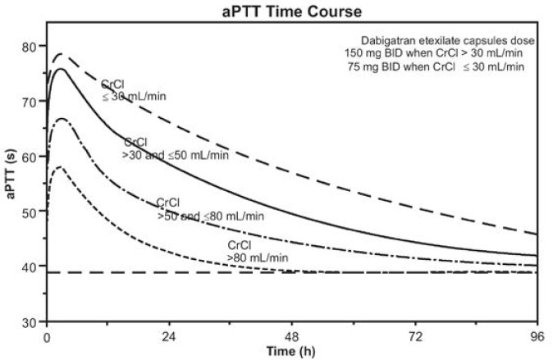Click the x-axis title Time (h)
click(292, 351)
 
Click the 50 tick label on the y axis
click(31, 212)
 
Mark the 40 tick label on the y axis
click(31, 267)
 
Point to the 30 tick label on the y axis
click(31, 321)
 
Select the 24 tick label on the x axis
click(169, 336)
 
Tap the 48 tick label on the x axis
click(292, 336)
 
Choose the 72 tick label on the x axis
click(415, 336)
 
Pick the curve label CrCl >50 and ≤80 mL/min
click(210, 210)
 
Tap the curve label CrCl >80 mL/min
click(258, 252)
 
